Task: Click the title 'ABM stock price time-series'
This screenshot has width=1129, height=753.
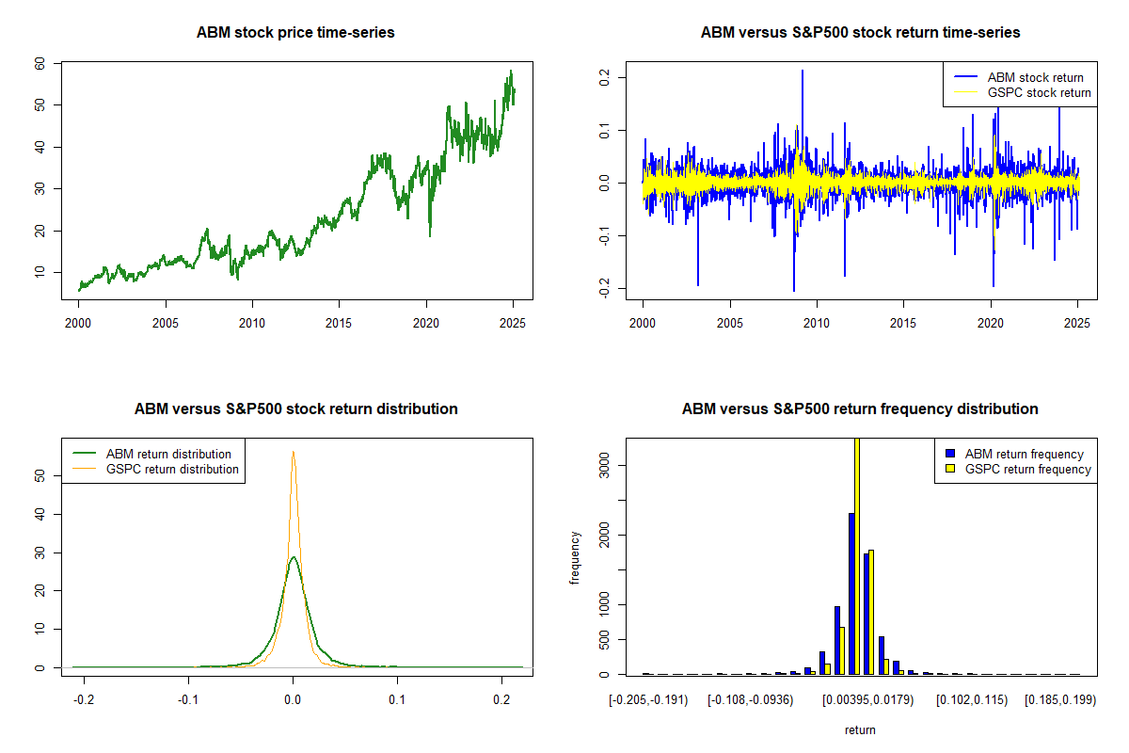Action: point(295,33)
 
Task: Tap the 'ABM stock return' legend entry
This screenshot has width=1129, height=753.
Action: point(1035,77)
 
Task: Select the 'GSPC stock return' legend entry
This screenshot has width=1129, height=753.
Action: point(1039,92)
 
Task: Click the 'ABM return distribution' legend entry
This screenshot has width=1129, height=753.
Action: point(168,454)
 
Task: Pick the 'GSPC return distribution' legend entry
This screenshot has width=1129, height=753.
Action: point(172,469)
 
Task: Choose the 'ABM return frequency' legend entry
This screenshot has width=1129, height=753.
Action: point(1025,454)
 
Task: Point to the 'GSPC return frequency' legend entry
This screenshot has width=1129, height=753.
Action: point(1027,469)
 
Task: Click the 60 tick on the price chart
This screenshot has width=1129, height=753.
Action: point(40,63)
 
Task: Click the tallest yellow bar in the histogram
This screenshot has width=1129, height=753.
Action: point(857,555)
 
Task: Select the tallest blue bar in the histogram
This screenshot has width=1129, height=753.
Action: point(851,593)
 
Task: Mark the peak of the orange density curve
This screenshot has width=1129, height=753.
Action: point(293,452)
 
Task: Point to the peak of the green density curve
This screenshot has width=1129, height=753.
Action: point(294,557)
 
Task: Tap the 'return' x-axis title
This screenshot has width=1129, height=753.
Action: point(860,729)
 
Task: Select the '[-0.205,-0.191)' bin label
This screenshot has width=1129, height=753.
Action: point(648,699)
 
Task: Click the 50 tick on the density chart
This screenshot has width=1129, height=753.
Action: point(40,476)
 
